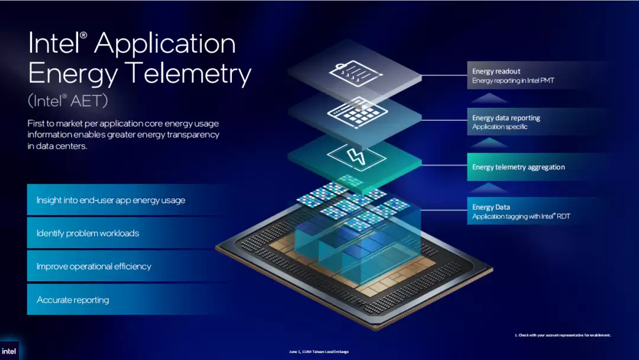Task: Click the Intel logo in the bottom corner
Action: pos(9,351)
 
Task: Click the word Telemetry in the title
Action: pos(188,73)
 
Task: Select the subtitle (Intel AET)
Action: pos(67,100)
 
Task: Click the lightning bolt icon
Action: pos(356,156)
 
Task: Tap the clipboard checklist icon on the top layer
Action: pos(356,73)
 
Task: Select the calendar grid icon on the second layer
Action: pos(357,113)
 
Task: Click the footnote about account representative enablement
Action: pos(563,335)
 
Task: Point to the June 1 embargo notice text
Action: pos(319,352)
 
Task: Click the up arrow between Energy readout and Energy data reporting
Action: pos(489,98)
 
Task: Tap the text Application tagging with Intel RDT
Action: pos(521,217)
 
